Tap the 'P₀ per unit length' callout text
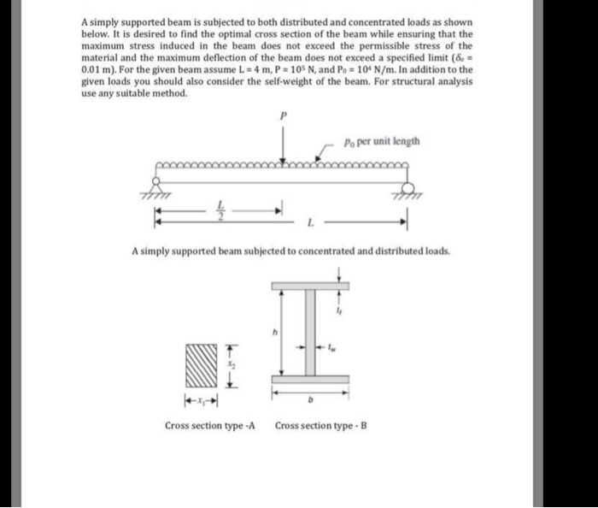382,142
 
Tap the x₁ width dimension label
202,399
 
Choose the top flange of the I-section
310,286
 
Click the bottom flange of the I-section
310,379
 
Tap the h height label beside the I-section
275,332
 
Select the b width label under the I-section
311,398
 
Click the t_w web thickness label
333,349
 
